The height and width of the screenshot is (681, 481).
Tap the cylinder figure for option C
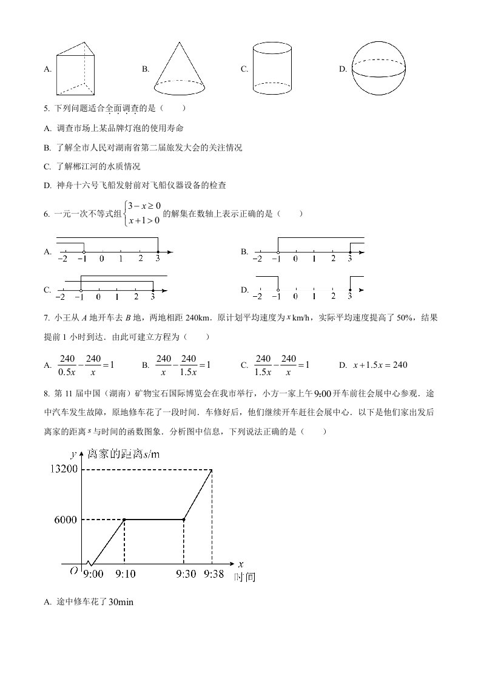pos(272,68)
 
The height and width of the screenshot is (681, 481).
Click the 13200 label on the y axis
pos(64,469)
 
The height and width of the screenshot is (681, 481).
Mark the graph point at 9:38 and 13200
pos(212,469)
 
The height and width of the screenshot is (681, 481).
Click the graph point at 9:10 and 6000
pos(124,520)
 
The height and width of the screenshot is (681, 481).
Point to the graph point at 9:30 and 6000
pos(184,520)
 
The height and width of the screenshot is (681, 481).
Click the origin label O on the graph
pos(73,571)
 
